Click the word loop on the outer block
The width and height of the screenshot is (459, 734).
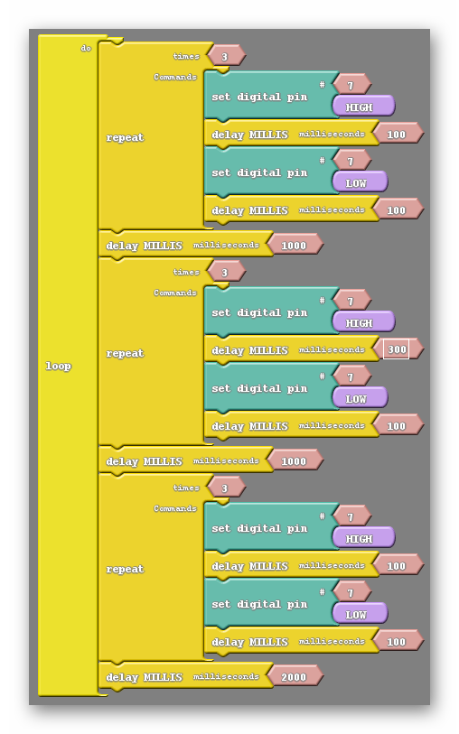tap(58, 366)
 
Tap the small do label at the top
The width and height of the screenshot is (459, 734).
tap(86, 48)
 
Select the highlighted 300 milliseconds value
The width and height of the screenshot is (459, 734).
tap(397, 349)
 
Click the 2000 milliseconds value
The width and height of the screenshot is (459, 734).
tap(295, 677)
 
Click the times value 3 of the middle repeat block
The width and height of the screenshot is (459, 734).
tap(225, 272)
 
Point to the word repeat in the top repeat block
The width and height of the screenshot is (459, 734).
tap(125, 137)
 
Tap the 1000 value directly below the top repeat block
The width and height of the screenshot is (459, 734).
tap(295, 246)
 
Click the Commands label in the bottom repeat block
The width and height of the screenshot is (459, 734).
tap(175, 508)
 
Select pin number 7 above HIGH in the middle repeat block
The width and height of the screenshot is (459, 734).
tap(351, 301)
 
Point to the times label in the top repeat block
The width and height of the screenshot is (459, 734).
tap(186, 56)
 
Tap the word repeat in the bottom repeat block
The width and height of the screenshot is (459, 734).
tap(125, 569)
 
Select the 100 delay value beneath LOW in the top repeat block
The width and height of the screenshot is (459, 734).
tap(398, 210)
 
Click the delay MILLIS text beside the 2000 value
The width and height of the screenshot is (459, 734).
tap(144, 677)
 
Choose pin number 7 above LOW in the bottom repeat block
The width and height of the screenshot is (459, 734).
tap(351, 592)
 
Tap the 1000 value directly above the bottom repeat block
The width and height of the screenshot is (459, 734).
tap(295, 461)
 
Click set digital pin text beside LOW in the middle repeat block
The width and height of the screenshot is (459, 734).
tap(259, 388)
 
